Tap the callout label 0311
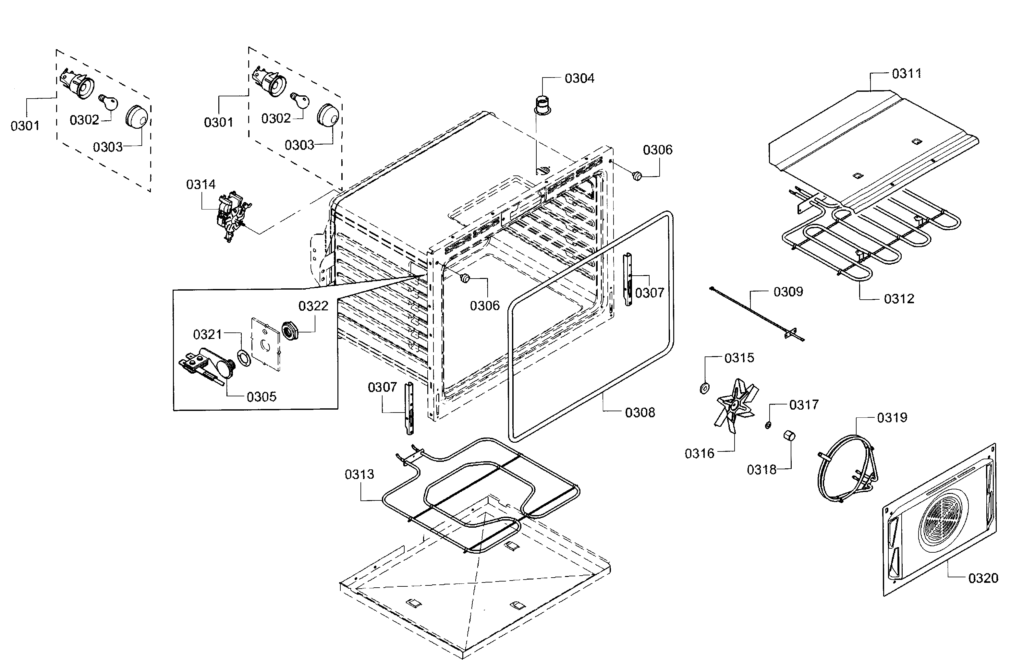pos(906,74)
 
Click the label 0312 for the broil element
pos(898,299)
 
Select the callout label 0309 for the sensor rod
pos(788,292)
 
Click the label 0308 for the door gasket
pos(639,413)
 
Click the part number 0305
pos(261,397)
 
